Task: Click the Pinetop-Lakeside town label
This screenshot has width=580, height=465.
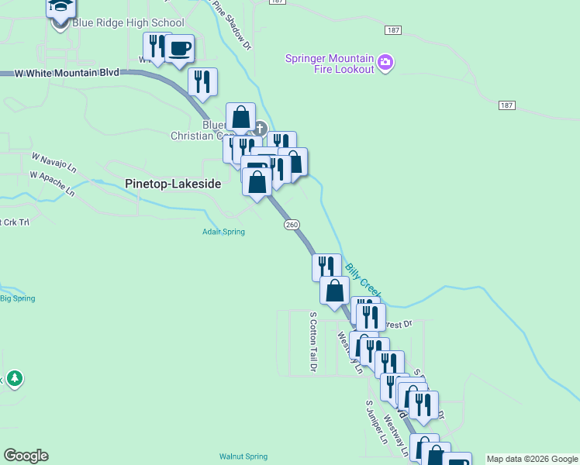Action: point(173,184)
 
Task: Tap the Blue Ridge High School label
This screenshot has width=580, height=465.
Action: point(128,22)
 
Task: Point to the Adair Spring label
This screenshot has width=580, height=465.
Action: point(224,232)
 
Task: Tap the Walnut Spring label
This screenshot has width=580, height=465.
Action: point(243,456)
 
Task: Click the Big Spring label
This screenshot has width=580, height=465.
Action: point(17,298)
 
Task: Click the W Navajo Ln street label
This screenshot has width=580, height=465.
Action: point(54,162)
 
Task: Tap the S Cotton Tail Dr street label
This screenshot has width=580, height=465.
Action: point(313,342)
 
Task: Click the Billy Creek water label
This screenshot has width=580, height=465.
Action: point(362,280)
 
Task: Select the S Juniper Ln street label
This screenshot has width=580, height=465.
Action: point(376,422)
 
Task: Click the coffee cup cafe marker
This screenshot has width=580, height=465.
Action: point(179,49)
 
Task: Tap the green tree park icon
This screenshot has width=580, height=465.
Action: point(15,379)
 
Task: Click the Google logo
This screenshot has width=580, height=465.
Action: point(26,456)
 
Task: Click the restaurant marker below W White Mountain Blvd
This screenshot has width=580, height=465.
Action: point(202,83)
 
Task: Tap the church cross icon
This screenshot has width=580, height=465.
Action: point(260,129)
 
